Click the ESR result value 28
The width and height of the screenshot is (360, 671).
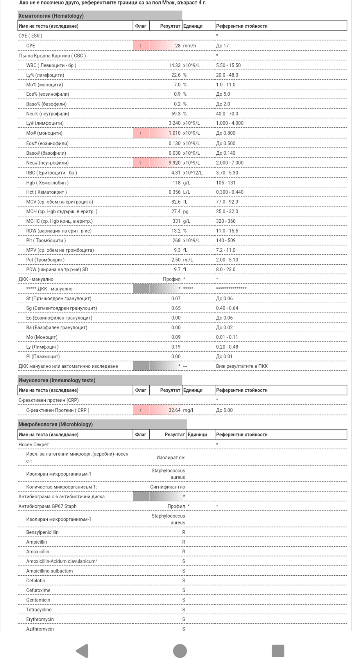(x=177, y=46)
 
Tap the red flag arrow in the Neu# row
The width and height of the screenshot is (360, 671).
(x=141, y=163)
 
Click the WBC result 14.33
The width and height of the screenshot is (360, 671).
(x=174, y=66)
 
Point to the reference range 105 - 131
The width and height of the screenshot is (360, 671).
(x=226, y=183)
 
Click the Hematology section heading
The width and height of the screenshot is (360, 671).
(x=51, y=16)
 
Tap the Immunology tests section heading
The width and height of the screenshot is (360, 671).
(x=57, y=380)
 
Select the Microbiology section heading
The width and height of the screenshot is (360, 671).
(x=56, y=424)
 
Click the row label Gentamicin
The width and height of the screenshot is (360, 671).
(x=38, y=600)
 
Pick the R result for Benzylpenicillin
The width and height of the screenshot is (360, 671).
(x=184, y=532)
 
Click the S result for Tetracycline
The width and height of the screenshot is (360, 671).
(x=184, y=610)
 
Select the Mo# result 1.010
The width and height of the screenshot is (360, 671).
(x=174, y=133)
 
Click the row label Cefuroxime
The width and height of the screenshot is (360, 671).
(x=38, y=590)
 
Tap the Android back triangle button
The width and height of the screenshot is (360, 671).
(x=82, y=651)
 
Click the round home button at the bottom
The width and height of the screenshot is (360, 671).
(x=180, y=651)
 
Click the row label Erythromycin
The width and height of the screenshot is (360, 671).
(x=40, y=619)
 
